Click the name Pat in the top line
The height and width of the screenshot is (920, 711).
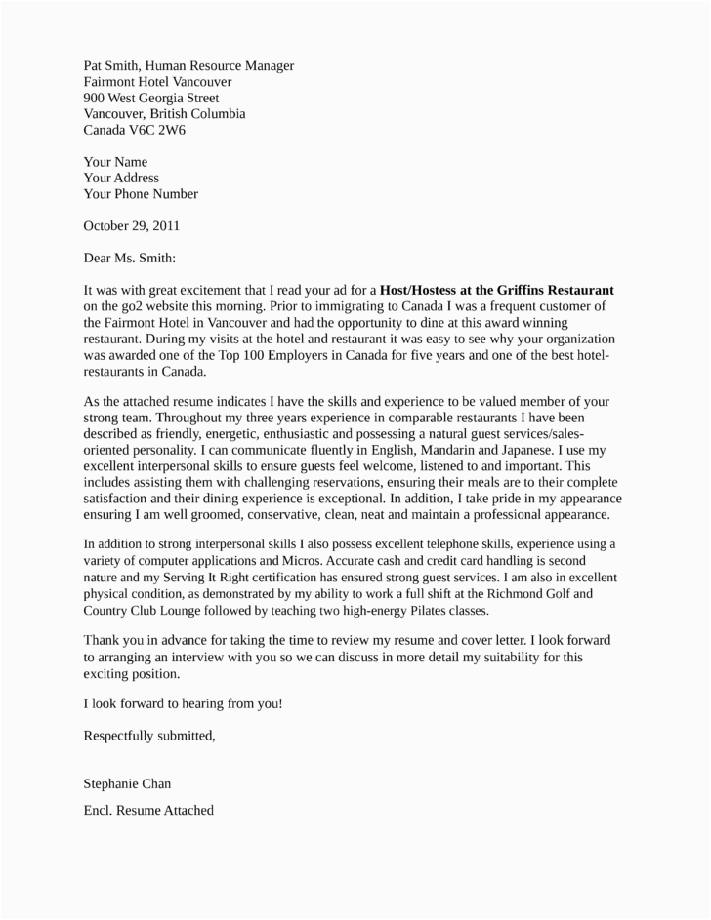coord(95,65)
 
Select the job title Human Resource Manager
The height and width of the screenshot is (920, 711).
coord(227,65)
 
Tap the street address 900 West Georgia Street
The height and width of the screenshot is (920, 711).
coord(150,98)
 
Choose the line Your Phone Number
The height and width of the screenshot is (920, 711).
coord(141,193)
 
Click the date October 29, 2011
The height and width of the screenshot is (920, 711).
coord(131,225)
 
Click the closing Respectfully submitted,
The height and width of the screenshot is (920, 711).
coord(149,735)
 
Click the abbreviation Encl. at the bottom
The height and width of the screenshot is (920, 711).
coord(100,809)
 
